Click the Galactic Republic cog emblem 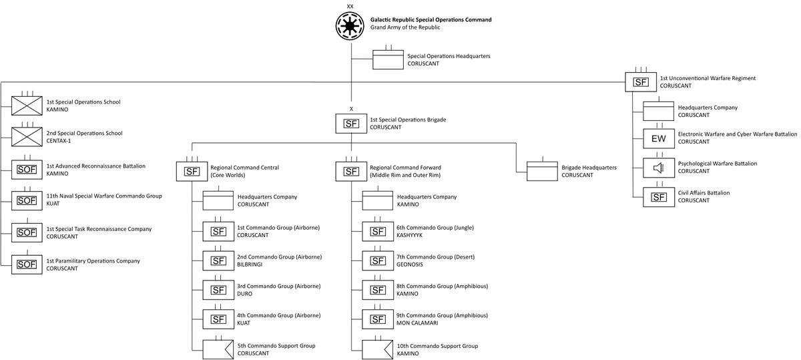point(351,25)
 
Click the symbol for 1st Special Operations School point(27,106)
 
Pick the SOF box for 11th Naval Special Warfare point(27,200)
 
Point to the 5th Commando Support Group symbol point(218,349)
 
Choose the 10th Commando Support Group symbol point(377,349)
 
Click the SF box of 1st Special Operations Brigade point(351,123)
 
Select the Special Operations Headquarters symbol point(388,60)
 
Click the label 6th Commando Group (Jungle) point(435,228)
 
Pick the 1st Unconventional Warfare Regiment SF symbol point(641,82)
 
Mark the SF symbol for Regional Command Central point(192,171)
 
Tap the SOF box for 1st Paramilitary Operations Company point(27,264)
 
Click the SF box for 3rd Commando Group point(218,290)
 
